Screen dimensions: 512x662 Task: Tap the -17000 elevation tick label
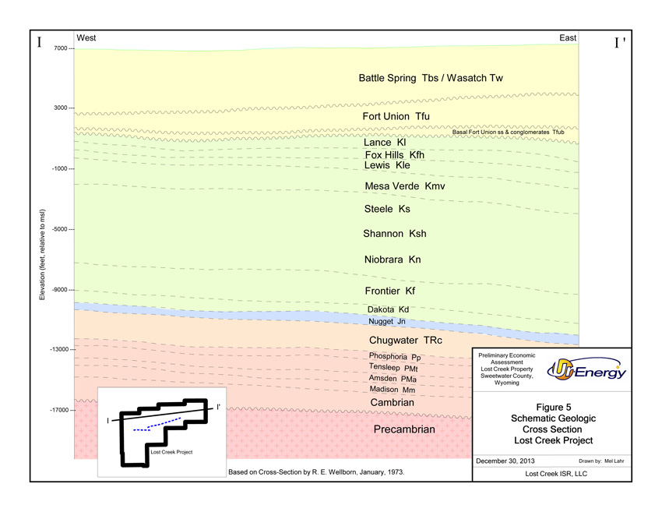pyautogui.click(x=58, y=410)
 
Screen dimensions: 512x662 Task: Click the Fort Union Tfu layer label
pyautogui.click(x=396, y=117)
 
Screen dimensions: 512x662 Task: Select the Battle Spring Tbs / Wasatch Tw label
pyautogui.click(x=431, y=78)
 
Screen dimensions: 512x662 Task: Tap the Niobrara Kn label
pyautogui.click(x=393, y=260)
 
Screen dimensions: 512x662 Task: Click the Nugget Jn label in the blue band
pyautogui.click(x=387, y=321)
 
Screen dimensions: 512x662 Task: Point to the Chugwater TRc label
pyautogui.click(x=405, y=341)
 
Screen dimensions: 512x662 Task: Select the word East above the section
pyautogui.click(x=568, y=38)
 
